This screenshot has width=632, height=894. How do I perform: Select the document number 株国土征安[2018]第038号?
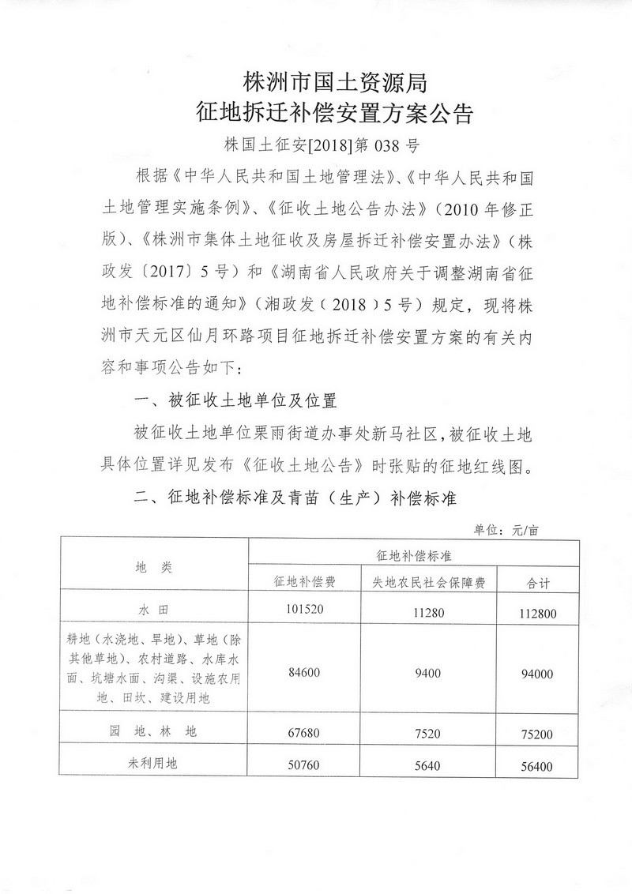pyautogui.click(x=320, y=146)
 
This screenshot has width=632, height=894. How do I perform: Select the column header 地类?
pyautogui.click(x=154, y=566)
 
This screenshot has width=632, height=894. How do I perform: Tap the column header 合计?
pyautogui.click(x=543, y=584)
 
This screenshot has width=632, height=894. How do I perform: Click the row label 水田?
pyautogui.click(x=154, y=610)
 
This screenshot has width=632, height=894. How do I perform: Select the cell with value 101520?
pyautogui.click(x=305, y=610)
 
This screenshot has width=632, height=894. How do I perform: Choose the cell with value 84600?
pyautogui.click(x=305, y=673)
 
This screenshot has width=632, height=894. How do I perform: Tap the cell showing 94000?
pyautogui.click(x=543, y=674)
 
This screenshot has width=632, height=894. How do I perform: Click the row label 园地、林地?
pyautogui.click(x=154, y=732)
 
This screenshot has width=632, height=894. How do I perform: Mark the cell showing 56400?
pyautogui.click(x=543, y=766)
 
